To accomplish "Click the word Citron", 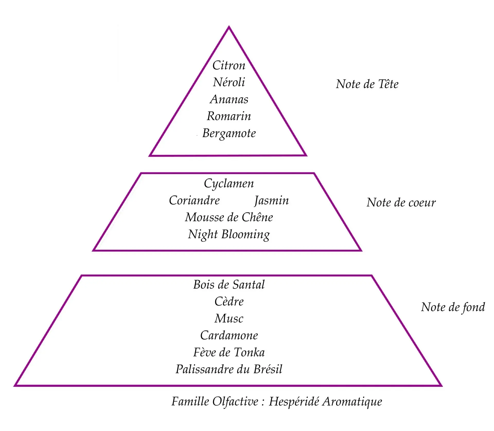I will click(229, 65).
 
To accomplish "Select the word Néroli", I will click(229, 82).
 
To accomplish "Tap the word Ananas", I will click(229, 99).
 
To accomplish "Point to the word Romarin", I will click(229, 116).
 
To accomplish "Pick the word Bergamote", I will click(229, 133).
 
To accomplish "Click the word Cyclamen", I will click(229, 184).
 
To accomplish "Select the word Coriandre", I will click(194, 200).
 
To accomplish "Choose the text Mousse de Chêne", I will click(229, 217).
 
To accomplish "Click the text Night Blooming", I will click(229, 235).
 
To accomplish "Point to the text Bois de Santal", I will click(229, 285).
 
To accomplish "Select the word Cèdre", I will click(229, 301).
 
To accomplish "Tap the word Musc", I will click(229, 318).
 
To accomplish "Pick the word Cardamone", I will click(229, 335).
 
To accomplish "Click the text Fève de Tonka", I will click(229, 352).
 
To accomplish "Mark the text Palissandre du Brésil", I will click(229, 369).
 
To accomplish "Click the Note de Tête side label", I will click(367, 84).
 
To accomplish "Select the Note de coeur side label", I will click(401, 203).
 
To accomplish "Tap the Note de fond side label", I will click(453, 307).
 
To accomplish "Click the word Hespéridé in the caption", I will click(294, 402).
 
